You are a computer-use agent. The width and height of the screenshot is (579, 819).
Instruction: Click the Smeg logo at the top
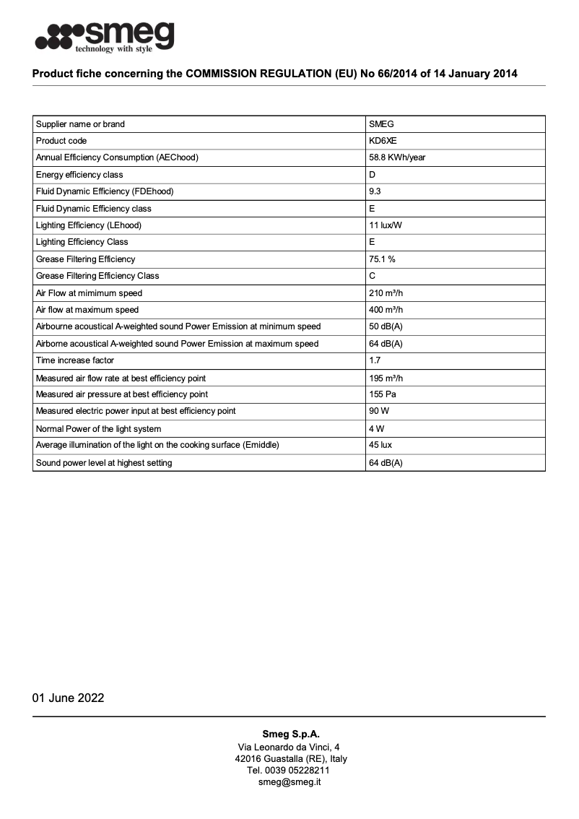pyautogui.click(x=105, y=37)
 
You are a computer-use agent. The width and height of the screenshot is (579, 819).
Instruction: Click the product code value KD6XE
pyautogui.click(x=383, y=141)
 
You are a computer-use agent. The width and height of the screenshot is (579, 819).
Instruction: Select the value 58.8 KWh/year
pyautogui.click(x=397, y=157)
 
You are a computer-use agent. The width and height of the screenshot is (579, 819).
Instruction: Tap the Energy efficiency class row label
pyautogui.click(x=79, y=175)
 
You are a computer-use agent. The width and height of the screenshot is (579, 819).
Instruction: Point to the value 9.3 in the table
pyautogui.click(x=375, y=191)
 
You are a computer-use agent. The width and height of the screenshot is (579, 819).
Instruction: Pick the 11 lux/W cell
pyautogui.click(x=386, y=225)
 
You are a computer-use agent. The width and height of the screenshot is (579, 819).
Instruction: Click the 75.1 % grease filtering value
pyautogui.click(x=382, y=259)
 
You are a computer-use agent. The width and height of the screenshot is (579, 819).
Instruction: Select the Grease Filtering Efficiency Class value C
pyautogui.click(x=372, y=276)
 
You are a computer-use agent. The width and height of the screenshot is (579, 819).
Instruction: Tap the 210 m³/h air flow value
pyautogui.click(x=386, y=293)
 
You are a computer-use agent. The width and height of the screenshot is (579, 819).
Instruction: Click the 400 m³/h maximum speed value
pyautogui.click(x=386, y=310)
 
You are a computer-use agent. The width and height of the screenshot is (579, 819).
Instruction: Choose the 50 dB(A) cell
pyautogui.click(x=386, y=326)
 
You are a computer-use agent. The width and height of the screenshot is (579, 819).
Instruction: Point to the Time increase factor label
pyautogui.click(x=75, y=360)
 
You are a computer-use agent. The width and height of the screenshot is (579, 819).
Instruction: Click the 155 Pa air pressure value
pyautogui.click(x=382, y=394)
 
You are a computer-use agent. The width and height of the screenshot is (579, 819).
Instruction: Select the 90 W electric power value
pyautogui.click(x=378, y=411)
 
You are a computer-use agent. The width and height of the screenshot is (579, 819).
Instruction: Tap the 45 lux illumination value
pyautogui.click(x=380, y=445)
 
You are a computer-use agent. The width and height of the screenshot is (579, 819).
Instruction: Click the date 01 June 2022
pyautogui.click(x=68, y=698)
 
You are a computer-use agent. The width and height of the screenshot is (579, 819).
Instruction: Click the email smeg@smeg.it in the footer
pyautogui.click(x=289, y=782)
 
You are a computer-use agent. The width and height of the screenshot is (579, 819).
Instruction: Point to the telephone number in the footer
pyautogui.click(x=289, y=771)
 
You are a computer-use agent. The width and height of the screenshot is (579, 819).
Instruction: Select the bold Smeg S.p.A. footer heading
pyautogui.click(x=289, y=734)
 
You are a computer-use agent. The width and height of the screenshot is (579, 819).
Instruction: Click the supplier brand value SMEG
pyautogui.click(x=381, y=124)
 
